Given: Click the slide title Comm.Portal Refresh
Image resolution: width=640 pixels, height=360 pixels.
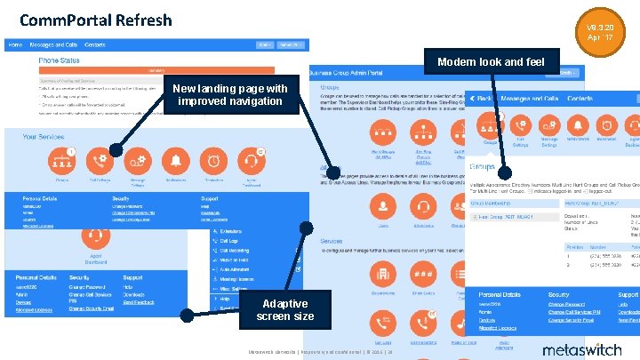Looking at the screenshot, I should pyautogui.click(x=84, y=20).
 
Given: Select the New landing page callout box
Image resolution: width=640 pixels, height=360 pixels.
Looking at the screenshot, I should pyautogui.click(x=229, y=94).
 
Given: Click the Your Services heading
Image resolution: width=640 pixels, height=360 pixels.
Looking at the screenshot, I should pyautogui.click(x=44, y=137).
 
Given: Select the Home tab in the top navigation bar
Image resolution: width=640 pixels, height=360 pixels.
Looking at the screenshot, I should pyautogui.click(x=16, y=44).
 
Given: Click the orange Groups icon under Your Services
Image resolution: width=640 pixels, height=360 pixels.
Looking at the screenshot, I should pyautogui.click(x=62, y=160).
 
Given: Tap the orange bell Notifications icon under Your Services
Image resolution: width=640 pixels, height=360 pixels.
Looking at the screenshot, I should pyautogui.click(x=176, y=160).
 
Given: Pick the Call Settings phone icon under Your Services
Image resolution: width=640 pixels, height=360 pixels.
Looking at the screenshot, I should pyautogui.click(x=100, y=160).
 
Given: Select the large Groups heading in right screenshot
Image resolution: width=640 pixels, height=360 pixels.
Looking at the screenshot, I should pyautogui.click(x=483, y=166).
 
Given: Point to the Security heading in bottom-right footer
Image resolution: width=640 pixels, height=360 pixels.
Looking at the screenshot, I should pyautogui.click(x=559, y=293).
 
